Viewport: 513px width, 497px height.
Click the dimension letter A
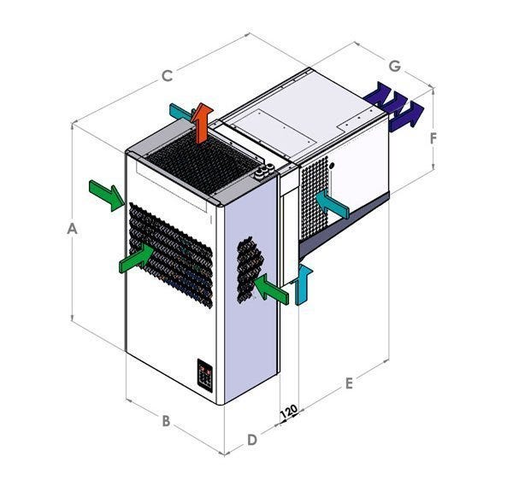click(x=72, y=228)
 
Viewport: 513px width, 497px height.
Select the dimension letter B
click(x=166, y=420)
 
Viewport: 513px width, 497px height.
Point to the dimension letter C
click(x=168, y=76)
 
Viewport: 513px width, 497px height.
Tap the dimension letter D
click(x=252, y=440)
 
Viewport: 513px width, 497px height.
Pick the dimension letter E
click(x=349, y=383)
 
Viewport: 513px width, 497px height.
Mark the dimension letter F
click(x=433, y=138)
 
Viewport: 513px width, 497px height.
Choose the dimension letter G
click(x=395, y=66)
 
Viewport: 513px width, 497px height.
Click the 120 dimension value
click(x=289, y=412)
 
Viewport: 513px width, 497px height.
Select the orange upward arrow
click(x=202, y=123)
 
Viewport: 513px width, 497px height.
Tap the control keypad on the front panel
click(x=205, y=376)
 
